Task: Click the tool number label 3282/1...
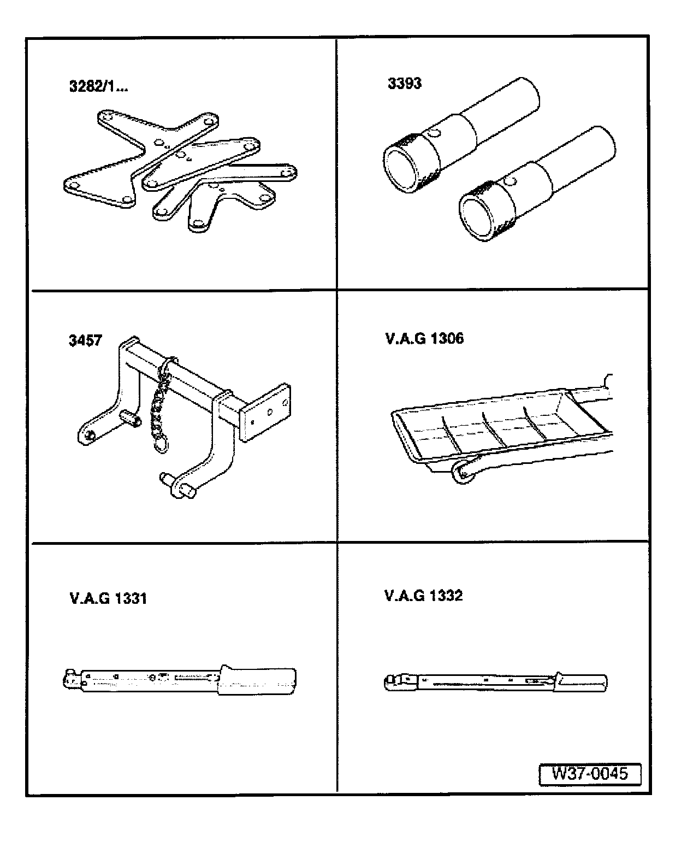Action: [x=98, y=86]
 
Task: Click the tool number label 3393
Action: [x=404, y=84]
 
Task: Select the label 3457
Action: [x=85, y=340]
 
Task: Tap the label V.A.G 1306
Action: [x=424, y=339]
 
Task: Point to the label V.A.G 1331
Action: [x=108, y=598]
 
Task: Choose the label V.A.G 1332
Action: [x=423, y=595]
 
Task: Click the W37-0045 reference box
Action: [x=589, y=774]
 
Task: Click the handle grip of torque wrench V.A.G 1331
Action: [x=258, y=680]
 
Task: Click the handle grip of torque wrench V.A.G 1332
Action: [x=582, y=683]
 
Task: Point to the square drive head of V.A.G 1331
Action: [x=70, y=678]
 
